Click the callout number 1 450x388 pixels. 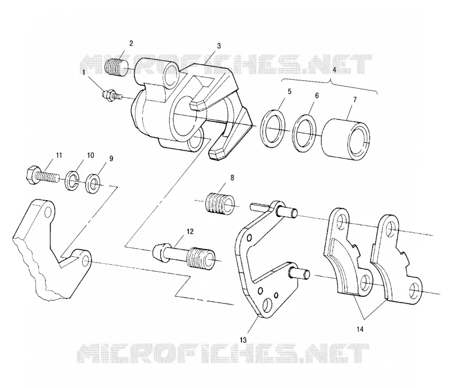84,73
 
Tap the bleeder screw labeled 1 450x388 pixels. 112,95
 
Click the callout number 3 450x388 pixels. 219,46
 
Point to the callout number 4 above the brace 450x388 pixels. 334,70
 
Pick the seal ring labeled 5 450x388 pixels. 273,128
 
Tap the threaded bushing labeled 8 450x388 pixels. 220,204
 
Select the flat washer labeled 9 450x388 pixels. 93,183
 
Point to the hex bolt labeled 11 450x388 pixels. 43,174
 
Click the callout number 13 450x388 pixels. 243,340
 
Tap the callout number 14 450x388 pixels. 360,330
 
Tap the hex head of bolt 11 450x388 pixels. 30,174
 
